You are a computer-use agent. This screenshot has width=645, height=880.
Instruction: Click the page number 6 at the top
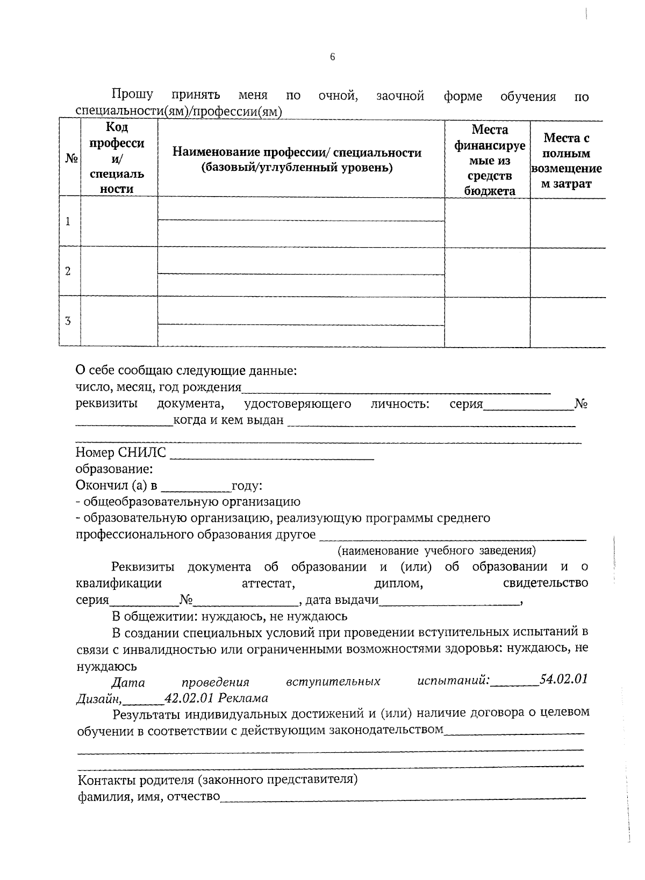tap(332, 56)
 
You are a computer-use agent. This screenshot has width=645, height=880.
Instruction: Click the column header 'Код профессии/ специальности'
tap(117, 158)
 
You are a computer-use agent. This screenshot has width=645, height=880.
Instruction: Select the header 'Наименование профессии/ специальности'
tap(297, 160)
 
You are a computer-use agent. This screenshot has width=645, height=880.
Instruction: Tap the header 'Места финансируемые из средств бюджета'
tap(489, 160)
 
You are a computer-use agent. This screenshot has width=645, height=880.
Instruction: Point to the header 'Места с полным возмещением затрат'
tap(567, 161)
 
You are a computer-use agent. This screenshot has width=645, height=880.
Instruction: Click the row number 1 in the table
tap(68, 221)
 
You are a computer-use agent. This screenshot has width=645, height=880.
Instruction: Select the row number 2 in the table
tap(68, 271)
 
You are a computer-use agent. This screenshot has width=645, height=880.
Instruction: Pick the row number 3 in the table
tap(68, 321)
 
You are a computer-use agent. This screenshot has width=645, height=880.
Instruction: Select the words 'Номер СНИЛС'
tap(121, 453)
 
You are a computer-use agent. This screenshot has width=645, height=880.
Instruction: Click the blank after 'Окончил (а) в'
tap(196, 487)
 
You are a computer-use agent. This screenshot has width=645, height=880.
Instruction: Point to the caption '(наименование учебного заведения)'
tap(436, 551)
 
